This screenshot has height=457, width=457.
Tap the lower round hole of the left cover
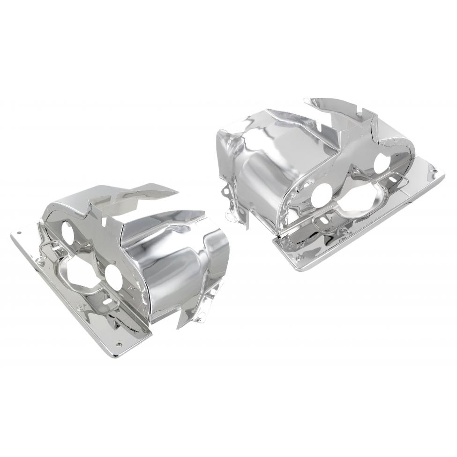click(x=113, y=277)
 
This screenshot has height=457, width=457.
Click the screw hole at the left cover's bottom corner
click(x=119, y=345)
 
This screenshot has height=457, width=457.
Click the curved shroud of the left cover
click(x=183, y=262)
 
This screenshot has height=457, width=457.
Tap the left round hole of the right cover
click(x=322, y=195)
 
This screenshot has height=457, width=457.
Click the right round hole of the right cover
click(x=382, y=163)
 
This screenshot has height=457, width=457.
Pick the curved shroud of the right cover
click(x=262, y=173)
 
